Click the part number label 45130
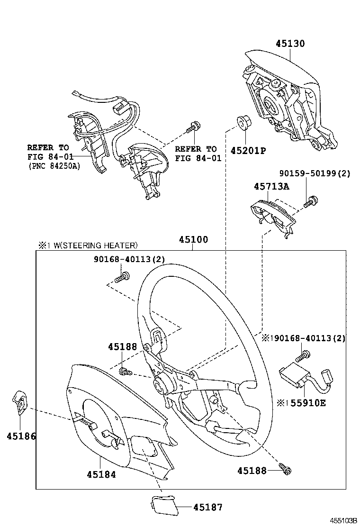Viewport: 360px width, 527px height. [x=290, y=44]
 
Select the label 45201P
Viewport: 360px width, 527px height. [x=249, y=151]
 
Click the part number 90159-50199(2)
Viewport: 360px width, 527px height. [x=315, y=173]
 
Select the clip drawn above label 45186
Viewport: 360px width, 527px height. [x=19, y=402]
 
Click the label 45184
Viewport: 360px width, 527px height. [x=101, y=473]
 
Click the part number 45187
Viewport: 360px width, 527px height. [x=207, y=507]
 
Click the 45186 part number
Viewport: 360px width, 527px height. [x=21, y=436]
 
